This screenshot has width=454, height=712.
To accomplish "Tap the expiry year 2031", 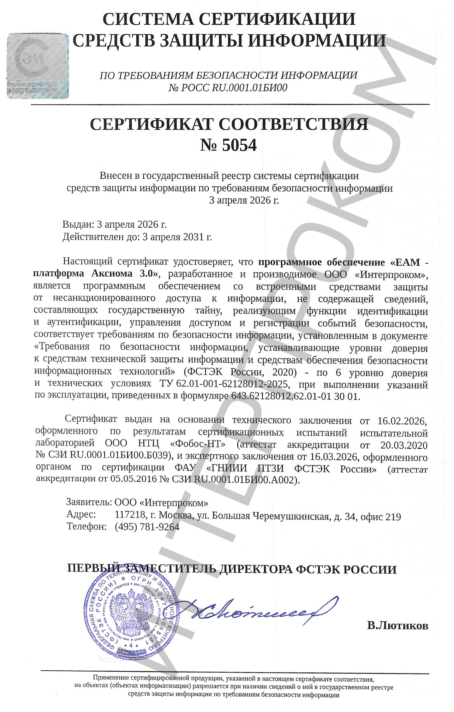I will tap(193, 237).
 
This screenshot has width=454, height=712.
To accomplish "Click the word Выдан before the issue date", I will tap(77, 224).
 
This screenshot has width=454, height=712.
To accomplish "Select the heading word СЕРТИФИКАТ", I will tap(152, 124).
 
